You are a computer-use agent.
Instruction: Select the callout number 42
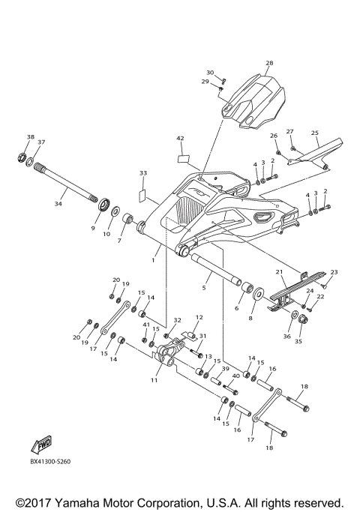coord(180,139)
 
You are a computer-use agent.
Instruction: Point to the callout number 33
coord(143,173)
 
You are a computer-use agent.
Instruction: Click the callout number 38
coord(31,137)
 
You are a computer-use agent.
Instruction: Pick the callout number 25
coord(315,133)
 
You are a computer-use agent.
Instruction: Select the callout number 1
coord(154,260)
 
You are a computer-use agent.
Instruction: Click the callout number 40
coord(235,376)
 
